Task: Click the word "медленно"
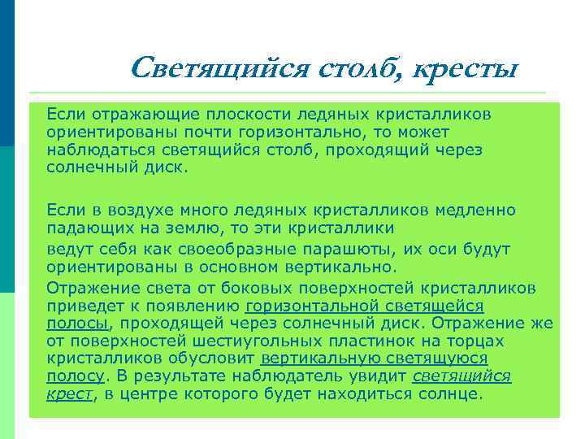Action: coord(474,209)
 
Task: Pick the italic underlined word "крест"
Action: coord(69,394)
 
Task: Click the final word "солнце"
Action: coord(448,394)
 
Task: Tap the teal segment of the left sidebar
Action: coord(7,219)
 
